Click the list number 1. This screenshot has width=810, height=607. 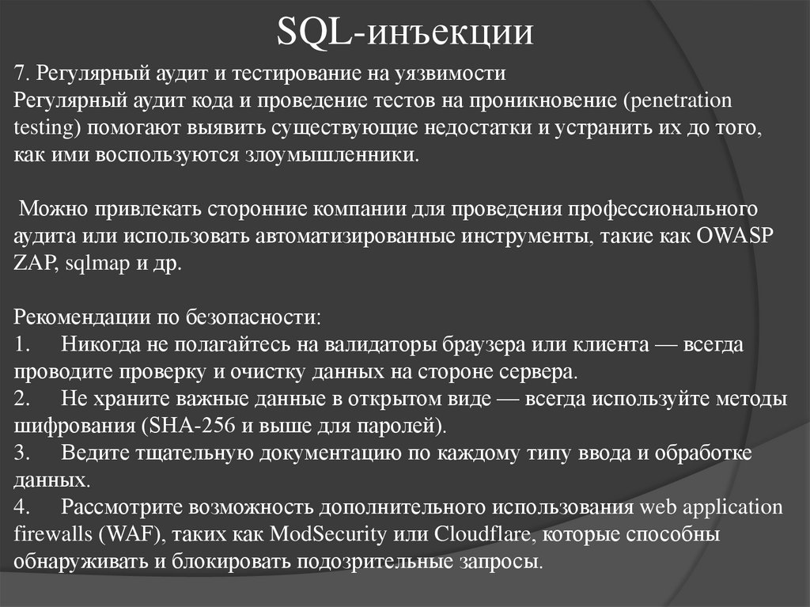[21, 345]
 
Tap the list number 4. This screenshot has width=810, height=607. [22, 507]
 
